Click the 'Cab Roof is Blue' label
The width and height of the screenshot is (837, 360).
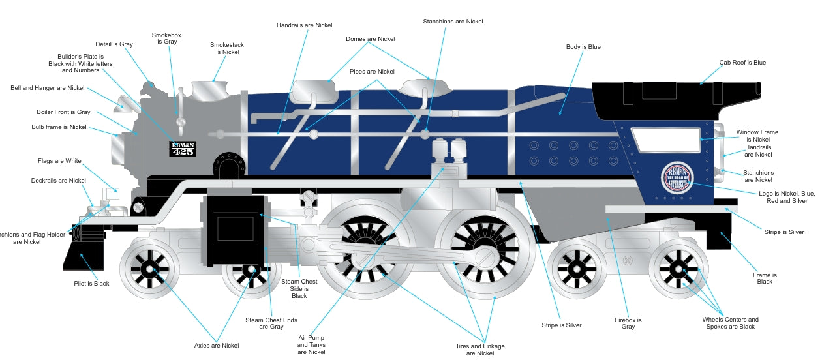pos(742,63)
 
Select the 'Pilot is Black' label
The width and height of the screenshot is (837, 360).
pos(91,284)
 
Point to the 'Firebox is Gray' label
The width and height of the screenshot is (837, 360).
pos(628,323)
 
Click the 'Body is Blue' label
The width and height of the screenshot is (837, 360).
pos(583,47)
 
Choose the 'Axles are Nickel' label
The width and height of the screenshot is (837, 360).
pos(217,346)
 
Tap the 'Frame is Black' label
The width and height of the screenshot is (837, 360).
pos(765,278)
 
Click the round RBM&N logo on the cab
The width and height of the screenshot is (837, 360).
pos(677,177)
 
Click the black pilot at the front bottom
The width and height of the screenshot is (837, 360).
pos(84,251)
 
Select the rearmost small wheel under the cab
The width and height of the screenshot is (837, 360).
pos(678,268)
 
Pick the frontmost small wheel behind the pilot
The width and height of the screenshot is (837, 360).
pos(149,268)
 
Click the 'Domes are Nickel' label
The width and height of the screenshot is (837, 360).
pos(370,39)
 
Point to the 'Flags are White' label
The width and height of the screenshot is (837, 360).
pos(59,161)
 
